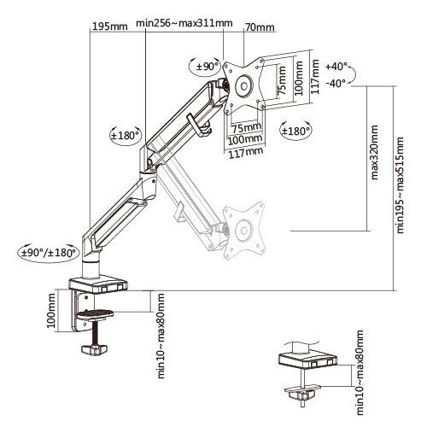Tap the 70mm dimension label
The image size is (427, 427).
(259, 27)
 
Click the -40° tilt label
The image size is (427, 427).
(336, 83)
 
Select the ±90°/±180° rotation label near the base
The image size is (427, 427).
(49, 252)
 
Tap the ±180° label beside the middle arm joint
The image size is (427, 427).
(125, 134)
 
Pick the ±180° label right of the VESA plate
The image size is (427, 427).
(295, 131)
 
